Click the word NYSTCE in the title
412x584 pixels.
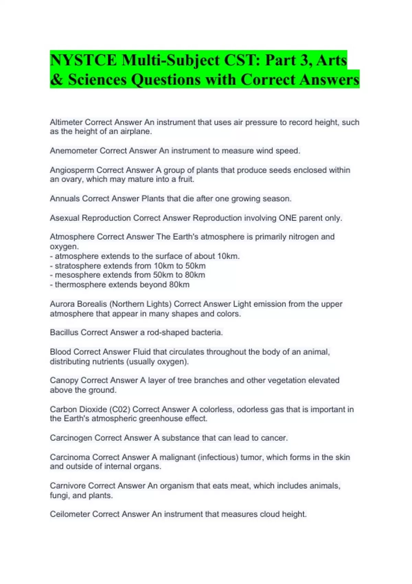83,60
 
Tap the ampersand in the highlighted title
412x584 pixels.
56,80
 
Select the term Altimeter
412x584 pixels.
66,122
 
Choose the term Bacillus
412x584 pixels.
64,333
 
